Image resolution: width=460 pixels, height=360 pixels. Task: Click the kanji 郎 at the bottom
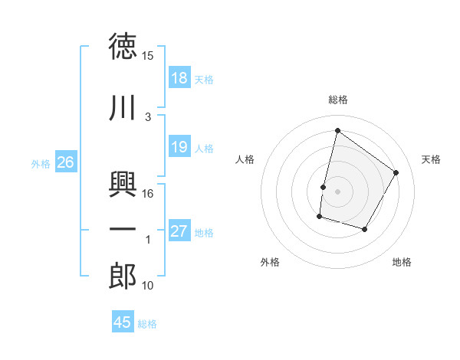(x=123, y=277)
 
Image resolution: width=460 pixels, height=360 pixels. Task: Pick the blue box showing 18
(x=179, y=78)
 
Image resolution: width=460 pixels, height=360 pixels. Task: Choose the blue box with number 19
(x=179, y=147)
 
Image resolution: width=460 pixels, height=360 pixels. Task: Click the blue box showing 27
(x=179, y=231)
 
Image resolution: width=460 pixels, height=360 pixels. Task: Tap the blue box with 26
(x=66, y=162)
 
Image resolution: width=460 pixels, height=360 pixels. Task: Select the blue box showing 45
(x=123, y=322)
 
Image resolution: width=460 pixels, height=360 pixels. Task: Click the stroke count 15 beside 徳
(x=148, y=57)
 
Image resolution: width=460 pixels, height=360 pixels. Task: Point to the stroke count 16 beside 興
(x=149, y=195)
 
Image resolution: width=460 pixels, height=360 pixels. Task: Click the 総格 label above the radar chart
(x=338, y=100)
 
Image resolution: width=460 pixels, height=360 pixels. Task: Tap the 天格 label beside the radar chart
(x=431, y=159)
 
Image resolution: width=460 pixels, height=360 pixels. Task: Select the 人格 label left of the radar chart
(x=245, y=159)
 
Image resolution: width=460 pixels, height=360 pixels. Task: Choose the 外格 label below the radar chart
(x=270, y=262)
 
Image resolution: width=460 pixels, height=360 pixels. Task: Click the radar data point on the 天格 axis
(x=396, y=172)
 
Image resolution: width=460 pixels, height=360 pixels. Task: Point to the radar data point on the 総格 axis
(x=337, y=130)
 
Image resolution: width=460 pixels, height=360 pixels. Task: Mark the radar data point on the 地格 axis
(x=365, y=230)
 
